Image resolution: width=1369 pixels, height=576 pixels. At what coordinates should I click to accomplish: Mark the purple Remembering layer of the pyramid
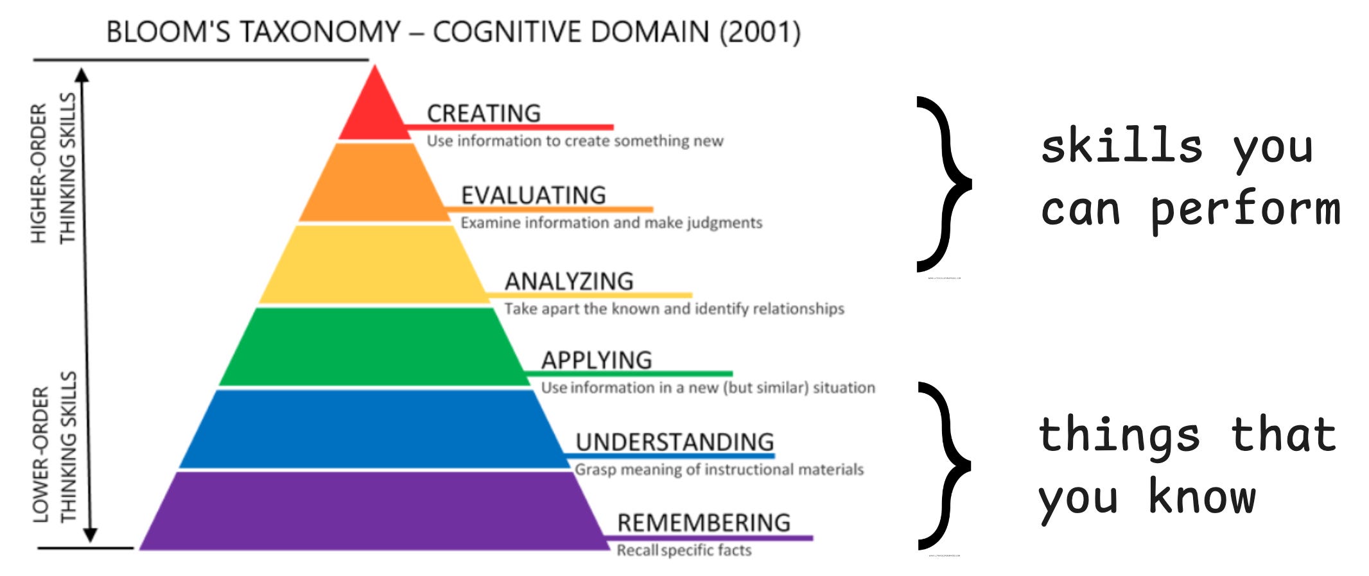[x=374, y=511]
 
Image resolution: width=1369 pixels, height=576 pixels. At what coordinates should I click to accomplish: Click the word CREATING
[x=484, y=114]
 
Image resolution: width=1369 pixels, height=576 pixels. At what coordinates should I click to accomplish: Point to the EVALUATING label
[x=533, y=196]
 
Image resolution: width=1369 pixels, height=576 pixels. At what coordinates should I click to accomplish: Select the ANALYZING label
[x=569, y=282]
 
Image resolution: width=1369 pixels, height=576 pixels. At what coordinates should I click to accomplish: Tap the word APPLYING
[x=597, y=360]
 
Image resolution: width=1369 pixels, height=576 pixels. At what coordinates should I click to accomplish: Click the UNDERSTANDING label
[x=674, y=442]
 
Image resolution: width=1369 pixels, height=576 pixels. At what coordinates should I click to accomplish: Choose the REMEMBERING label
[x=704, y=523]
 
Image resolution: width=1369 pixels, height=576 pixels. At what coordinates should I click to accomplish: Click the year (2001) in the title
[x=760, y=32]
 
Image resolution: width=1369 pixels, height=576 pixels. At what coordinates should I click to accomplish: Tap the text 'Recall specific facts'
[x=684, y=550]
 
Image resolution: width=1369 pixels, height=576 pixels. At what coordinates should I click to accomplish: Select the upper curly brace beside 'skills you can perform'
[x=944, y=184]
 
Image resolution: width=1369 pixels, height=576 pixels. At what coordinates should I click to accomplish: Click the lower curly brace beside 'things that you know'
[x=944, y=466]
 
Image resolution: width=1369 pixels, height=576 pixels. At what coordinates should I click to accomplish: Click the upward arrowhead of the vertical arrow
[x=82, y=75]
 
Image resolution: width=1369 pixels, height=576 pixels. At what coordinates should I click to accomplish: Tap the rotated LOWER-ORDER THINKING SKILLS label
[x=54, y=447]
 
